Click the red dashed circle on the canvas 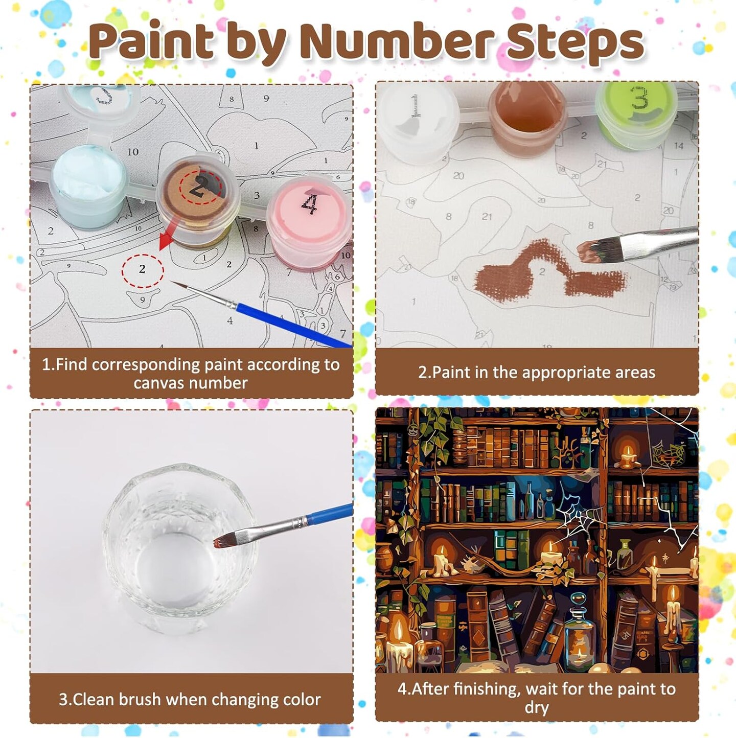142,269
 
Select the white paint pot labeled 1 417,118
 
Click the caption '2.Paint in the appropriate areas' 537,373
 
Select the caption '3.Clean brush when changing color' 190,699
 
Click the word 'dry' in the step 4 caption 537,708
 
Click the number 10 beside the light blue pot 133,152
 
